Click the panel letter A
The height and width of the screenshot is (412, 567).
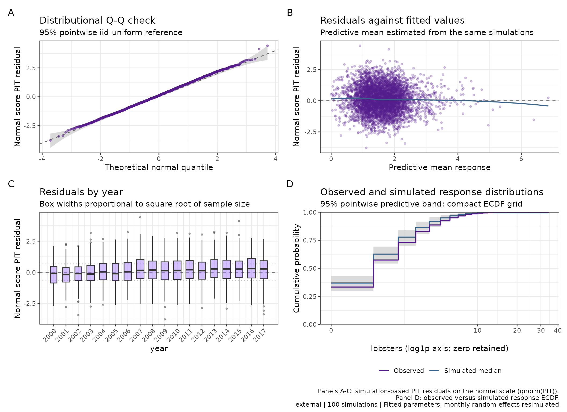coord(11,13)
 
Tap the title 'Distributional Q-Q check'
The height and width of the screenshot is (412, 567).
coord(97,20)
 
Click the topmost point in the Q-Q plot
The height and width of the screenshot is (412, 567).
coord(267,46)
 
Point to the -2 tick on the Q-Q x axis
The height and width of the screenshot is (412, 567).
coord(100,159)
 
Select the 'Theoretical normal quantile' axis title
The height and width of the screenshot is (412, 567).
coord(159,167)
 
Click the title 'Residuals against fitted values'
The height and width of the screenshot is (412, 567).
coord(392,20)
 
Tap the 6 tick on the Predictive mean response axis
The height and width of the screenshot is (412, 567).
coord(521,159)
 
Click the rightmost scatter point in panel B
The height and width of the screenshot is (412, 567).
coord(548,98)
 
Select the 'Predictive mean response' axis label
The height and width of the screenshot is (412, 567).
coord(439,167)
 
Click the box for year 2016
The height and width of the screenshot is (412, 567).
coord(251,268)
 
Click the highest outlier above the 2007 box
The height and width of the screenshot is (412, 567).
coord(140,217)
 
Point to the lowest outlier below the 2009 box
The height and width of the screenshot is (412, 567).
coord(165,319)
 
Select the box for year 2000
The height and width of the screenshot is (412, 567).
coord(54,275)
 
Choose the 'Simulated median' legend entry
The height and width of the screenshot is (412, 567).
coord(465,371)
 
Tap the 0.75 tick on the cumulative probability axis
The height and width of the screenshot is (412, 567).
coord(310,240)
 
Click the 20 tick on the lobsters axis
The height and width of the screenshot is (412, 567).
coord(517,330)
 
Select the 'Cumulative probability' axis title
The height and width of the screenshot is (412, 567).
coord(296,268)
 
